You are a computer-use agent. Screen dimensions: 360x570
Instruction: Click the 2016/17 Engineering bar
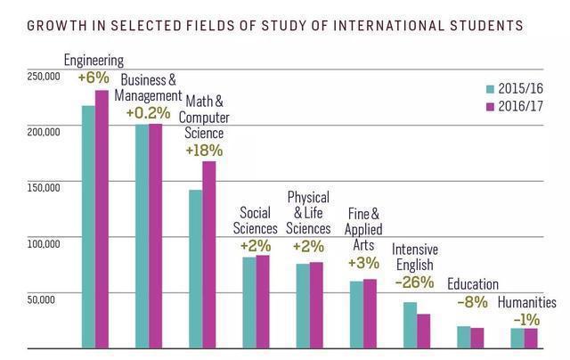pos(102,218)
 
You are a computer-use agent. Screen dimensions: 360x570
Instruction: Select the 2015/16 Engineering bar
pos(88,226)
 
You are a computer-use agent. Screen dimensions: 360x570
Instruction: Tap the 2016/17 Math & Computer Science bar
pos(209,254)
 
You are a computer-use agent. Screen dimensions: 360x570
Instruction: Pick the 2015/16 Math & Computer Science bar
pos(196,268)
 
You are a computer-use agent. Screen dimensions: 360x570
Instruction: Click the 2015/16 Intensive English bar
pos(410,325)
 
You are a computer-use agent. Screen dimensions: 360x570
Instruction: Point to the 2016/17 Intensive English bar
pos(423,331)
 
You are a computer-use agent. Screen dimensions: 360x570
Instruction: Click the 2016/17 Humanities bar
pos(531,338)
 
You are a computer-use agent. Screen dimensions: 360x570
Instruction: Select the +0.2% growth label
pos(148,113)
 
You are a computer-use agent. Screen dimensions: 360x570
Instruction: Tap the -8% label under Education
pos(472,302)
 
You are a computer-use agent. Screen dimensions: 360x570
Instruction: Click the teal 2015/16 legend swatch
pos(491,89)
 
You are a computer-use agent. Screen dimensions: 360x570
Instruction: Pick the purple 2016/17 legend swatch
pos(491,106)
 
